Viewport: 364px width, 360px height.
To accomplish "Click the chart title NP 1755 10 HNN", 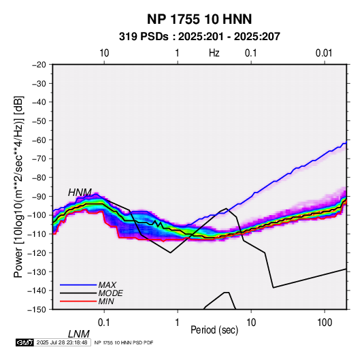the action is pos(199,19).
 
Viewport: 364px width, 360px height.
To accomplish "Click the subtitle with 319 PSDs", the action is pos(199,37).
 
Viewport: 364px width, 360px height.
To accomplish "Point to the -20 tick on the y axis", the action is pos(39,65).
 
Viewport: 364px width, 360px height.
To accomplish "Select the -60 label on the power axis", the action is pos(39,140).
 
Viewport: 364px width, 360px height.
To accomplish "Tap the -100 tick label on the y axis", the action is pos(37,215).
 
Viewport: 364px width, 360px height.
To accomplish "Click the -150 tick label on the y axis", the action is pos(37,310).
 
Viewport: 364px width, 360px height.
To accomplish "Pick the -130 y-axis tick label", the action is pos(37,272).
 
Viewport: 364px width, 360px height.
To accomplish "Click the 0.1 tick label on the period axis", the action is pos(104,323).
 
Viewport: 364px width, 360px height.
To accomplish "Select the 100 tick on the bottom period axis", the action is pos(325,323).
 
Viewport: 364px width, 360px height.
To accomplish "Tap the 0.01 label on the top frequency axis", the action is pos(324,53).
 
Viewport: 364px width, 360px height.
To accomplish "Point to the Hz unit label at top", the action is pos(214,53).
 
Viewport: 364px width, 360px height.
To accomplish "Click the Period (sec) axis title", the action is pos(214,330).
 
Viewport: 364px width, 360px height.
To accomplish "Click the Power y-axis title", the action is pos(18,186).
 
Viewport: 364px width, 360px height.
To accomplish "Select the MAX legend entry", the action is pos(107,285).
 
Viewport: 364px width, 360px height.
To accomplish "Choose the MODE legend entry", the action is pos(110,293).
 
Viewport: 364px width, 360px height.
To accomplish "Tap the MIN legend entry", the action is pos(106,301).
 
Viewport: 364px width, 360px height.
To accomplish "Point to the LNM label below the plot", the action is pos(79,334).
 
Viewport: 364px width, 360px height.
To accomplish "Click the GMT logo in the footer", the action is pos(24,342).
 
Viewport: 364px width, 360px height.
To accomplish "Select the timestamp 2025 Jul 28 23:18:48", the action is pos(62,342).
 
